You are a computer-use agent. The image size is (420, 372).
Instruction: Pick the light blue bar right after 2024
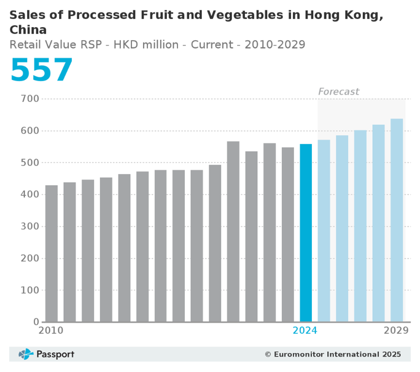coord(324,231)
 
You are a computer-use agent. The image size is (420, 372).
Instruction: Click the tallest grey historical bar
coord(233,231)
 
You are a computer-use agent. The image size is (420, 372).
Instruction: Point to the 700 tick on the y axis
coord(30,99)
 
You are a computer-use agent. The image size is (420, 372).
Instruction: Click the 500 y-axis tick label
coord(30,163)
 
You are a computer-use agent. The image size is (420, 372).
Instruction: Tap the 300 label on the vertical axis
coord(30,227)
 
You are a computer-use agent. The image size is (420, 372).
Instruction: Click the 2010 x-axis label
coord(51,331)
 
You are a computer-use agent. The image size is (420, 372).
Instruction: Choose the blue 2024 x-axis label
coord(305,331)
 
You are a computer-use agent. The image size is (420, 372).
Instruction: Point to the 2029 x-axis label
coord(396,331)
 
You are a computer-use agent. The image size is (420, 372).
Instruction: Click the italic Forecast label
coord(338,92)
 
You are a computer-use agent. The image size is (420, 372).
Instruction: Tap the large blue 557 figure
coord(41,70)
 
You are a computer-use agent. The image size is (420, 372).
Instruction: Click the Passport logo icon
coord(26,354)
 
